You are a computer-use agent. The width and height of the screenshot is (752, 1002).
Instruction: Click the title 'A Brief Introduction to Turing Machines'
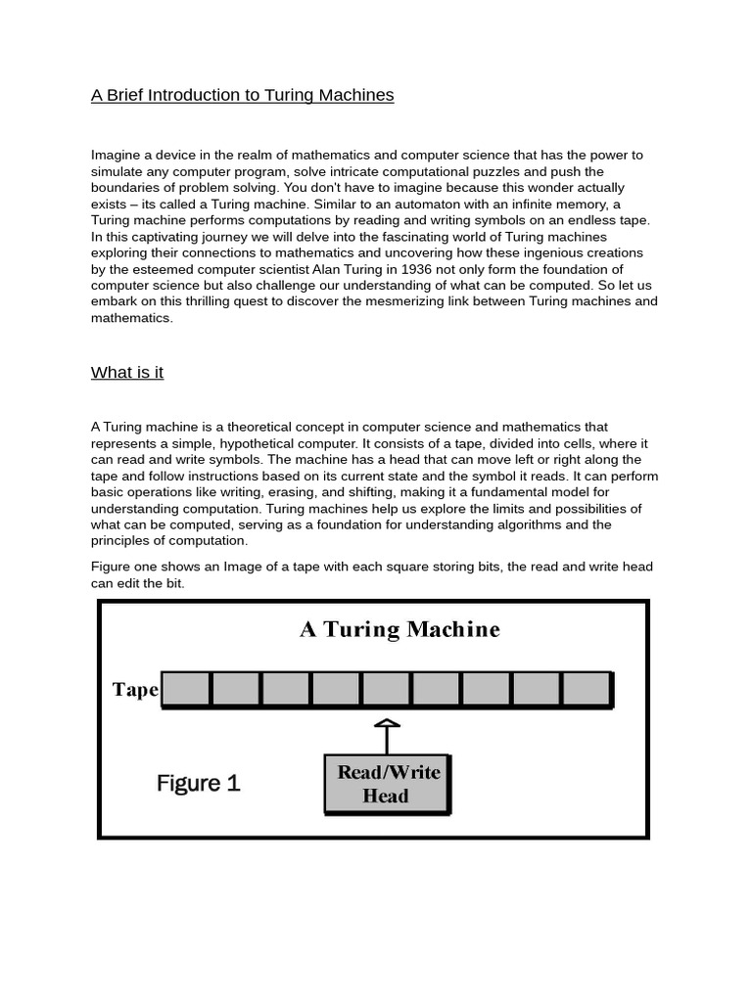pos(242,95)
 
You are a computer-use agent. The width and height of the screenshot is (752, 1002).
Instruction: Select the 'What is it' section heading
pos(126,372)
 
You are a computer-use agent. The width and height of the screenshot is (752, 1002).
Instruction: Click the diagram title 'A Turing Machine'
pos(399,629)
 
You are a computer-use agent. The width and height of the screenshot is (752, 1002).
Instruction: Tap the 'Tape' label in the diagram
pos(135,690)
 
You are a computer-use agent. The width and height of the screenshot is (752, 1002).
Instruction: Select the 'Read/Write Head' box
pos(387,784)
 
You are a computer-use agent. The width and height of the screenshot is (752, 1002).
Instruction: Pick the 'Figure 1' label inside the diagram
pos(198,783)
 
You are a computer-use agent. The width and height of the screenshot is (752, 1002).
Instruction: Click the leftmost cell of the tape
pos(186,689)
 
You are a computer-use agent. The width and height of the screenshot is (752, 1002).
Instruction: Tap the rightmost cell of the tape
pos(587,689)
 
